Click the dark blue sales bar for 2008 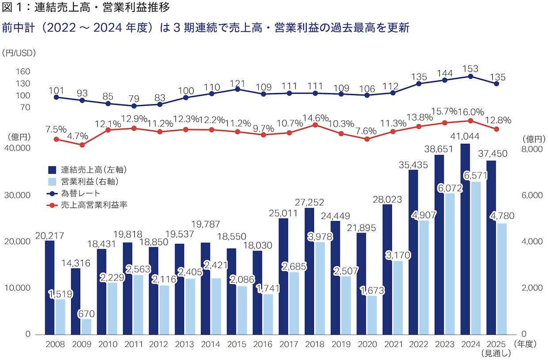[49, 287]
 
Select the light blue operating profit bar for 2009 [86, 326]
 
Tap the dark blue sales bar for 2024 [465, 239]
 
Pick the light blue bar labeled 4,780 [502, 279]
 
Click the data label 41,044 [465, 137]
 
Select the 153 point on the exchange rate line [471, 76]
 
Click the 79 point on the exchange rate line [134, 106]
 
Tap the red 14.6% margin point [315, 125]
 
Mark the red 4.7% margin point [82, 144]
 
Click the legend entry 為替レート [81, 193]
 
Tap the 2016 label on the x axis [263, 344]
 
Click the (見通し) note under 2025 [496, 353]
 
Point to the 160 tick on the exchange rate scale [23, 71]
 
